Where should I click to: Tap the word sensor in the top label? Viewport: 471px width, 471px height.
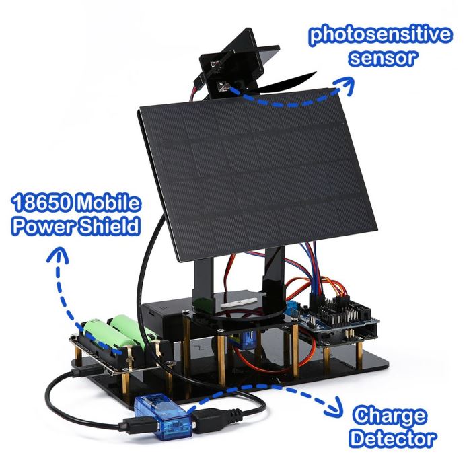[x=383, y=57]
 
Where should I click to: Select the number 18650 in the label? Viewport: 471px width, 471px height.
[x=42, y=203]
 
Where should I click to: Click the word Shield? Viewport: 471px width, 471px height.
[x=109, y=226]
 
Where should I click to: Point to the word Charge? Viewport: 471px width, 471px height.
[x=390, y=416]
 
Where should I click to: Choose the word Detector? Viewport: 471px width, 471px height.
[x=393, y=439]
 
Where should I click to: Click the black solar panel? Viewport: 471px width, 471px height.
[x=258, y=174]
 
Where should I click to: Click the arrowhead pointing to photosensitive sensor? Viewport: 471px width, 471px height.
[x=345, y=85]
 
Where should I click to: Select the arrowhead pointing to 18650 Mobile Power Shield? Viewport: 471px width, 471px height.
[x=58, y=255]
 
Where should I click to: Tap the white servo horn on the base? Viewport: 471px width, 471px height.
[x=239, y=303]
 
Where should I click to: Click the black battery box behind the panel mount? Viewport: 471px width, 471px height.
[x=168, y=316]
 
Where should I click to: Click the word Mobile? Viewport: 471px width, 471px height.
[x=108, y=203]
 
